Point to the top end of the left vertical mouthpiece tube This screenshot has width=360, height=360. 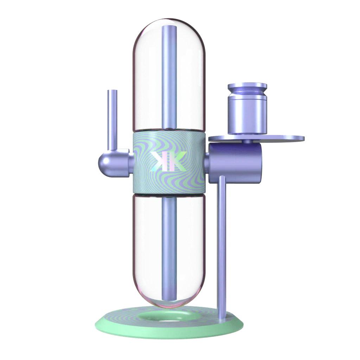112,92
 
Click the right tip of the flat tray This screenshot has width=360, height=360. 303,139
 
